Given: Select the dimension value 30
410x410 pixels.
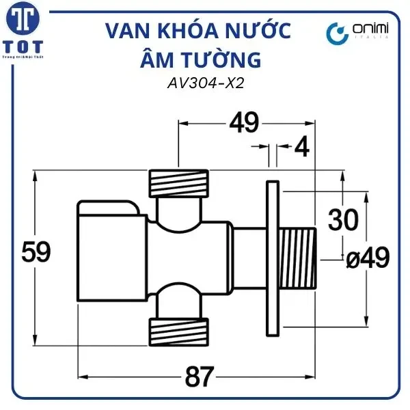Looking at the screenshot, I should pyautogui.click(x=343, y=220).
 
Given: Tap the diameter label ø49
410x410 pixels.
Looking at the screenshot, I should pyautogui.click(x=366, y=258).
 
